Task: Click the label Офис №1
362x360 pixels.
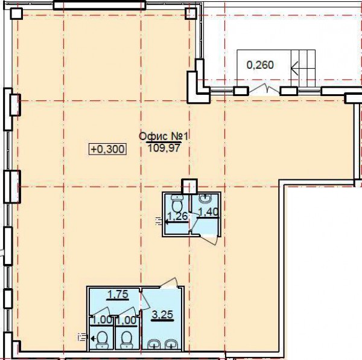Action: pyautogui.click(x=164, y=137)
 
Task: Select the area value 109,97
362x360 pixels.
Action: pyautogui.click(x=164, y=148)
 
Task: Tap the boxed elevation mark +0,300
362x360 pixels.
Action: pyautogui.click(x=108, y=149)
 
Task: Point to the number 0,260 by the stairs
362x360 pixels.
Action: pyautogui.click(x=260, y=65)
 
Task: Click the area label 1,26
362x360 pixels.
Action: pyautogui.click(x=177, y=216)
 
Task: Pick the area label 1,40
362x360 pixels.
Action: pyautogui.click(x=208, y=211)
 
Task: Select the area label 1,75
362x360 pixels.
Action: pyautogui.click(x=118, y=294)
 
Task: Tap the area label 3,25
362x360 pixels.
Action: pyautogui.click(x=163, y=315)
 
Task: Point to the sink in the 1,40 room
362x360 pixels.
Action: pyautogui.click(x=205, y=199)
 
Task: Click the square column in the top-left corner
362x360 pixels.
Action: pyautogui.click(x=16, y=13)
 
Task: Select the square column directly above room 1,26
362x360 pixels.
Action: pyautogui.click(x=189, y=186)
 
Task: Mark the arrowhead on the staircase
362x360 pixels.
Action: pyautogui.click(x=294, y=68)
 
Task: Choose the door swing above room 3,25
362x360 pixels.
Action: pyautogui.click(x=170, y=283)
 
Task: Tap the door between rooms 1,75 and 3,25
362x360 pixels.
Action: pyautogui.click(x=145, y=300)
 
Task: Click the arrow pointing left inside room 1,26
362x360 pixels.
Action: pyautogui.click(x=177, y=222)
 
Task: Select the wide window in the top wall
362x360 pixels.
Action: pyautogui.click(x=100, y=5)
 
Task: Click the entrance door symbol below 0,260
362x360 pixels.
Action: pyautogui.click(x=265, y=89)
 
